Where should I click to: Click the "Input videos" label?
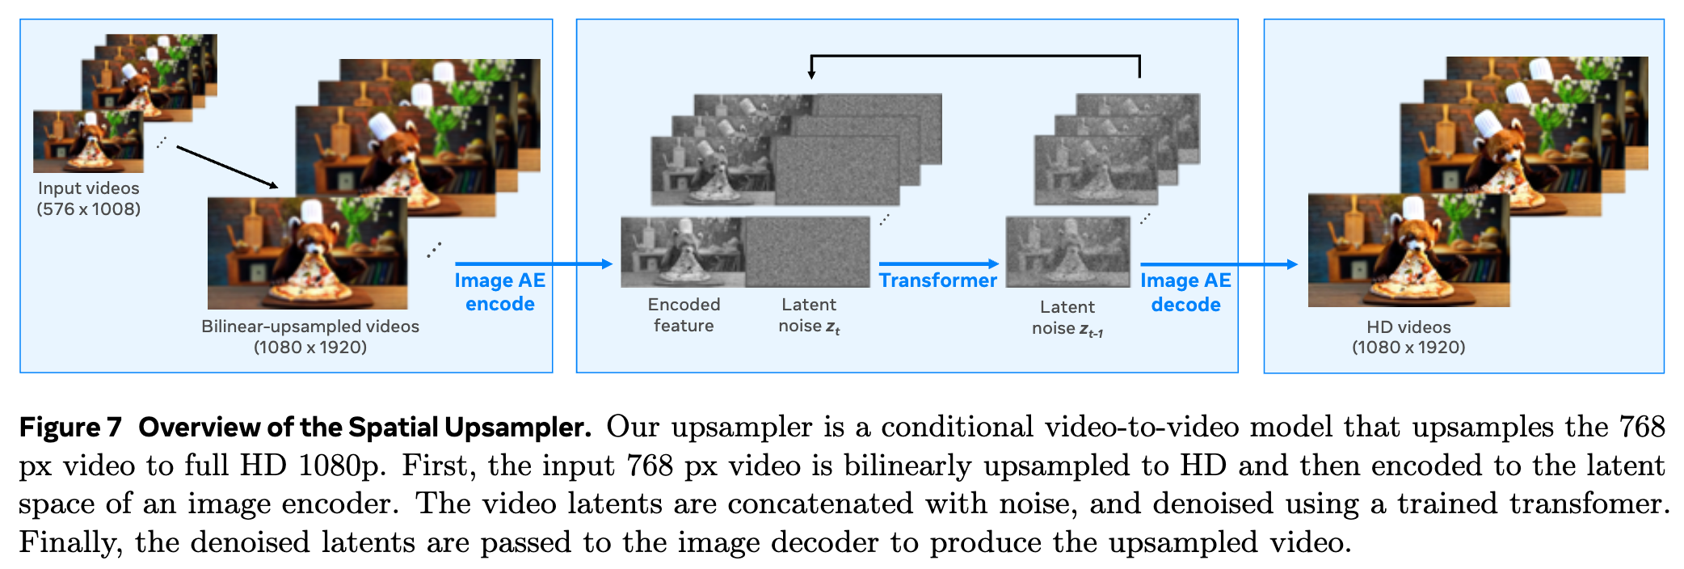pyautogui.click(x=88, y=188)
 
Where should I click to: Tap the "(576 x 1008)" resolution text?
pyautogui.click(x=88, y=209)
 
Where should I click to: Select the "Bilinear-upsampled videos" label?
pyautogui.click(x=310, y=327)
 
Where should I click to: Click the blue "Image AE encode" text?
pyautogui.click(x=499, y=292)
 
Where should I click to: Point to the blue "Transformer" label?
pyautogui.click(x=937, y=280)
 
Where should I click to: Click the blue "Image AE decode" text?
pyautogui.click(x=1185, y=292)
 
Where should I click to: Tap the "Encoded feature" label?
pyautogui.click(x=684, y=315)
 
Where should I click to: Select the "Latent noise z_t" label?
pyautogui.click(x=809, y=315)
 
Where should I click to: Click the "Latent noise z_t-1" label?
pyautogui.click(x=1067, y=318)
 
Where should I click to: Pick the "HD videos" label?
pyautogui.click(x=1408, y=327)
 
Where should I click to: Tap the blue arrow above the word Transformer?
pyautogui.click(x=939, y=263)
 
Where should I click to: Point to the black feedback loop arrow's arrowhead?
pyautogui.click(x=811, y=74)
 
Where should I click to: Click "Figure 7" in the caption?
pyautogui.click(x=70, y=427)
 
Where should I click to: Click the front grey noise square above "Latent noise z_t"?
pyautogui.click(x=807, y=252)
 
